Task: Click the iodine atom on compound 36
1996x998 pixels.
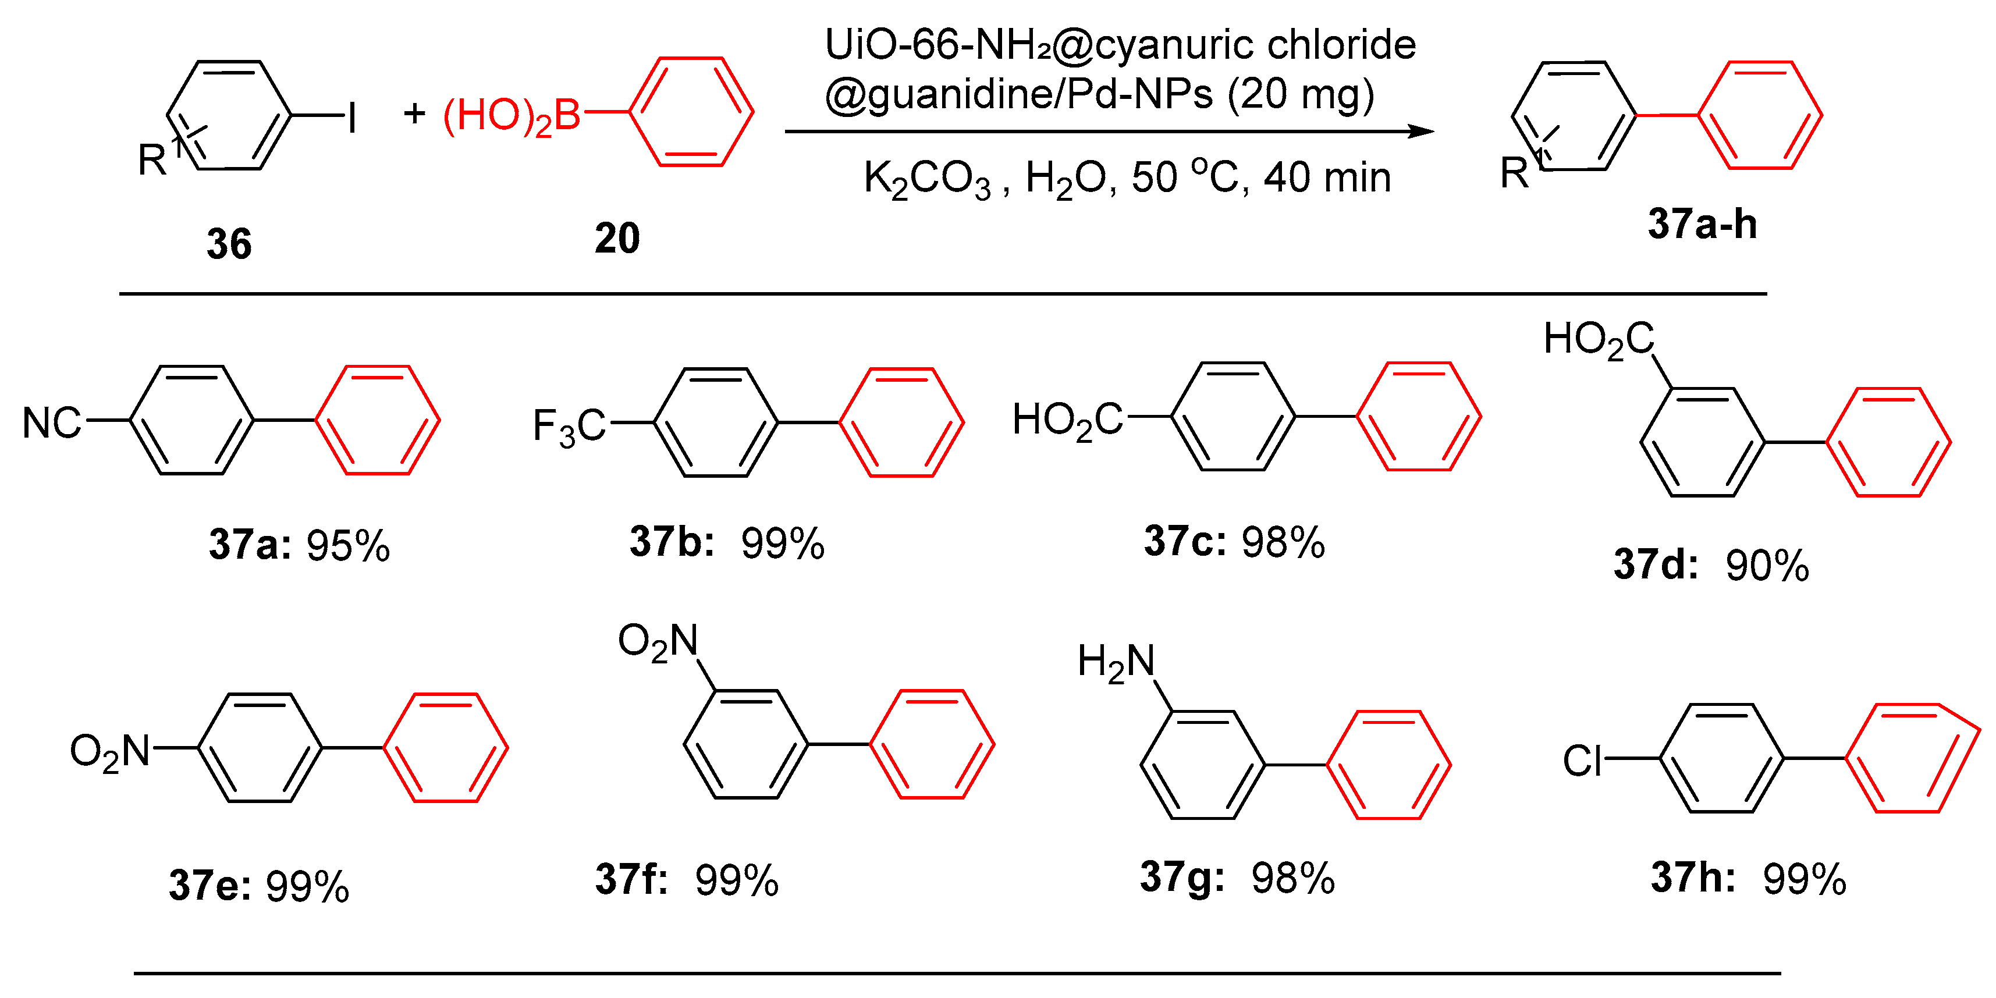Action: coord(353,118)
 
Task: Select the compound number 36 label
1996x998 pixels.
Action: coord(229,243)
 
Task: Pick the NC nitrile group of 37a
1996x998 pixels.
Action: coord(51,423)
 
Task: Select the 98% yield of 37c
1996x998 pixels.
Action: coord(1283,542)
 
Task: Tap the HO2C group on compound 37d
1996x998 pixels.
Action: coord(1598,339)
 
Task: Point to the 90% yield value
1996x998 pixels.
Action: coord(1767,565)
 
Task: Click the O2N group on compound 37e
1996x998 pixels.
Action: coord(109,751)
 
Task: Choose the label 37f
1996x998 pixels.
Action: coord(631,879)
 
